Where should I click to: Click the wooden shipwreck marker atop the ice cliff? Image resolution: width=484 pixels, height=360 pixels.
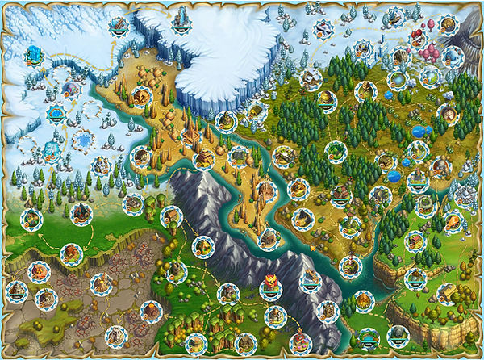click(x=120, y=25)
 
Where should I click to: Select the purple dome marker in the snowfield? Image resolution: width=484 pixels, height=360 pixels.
click(x=69, y=88)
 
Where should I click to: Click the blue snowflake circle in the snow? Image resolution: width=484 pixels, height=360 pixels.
click(x=83, y=140)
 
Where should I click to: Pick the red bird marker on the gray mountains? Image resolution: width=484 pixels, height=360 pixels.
click(x=271, y=283)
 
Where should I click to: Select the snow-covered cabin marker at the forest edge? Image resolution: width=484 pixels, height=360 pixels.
click(x=311, y=78)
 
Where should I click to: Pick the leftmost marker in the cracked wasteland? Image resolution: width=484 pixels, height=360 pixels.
click(x=16, y=290)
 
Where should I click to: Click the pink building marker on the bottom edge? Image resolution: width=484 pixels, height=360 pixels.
click(x=300, y=343)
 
